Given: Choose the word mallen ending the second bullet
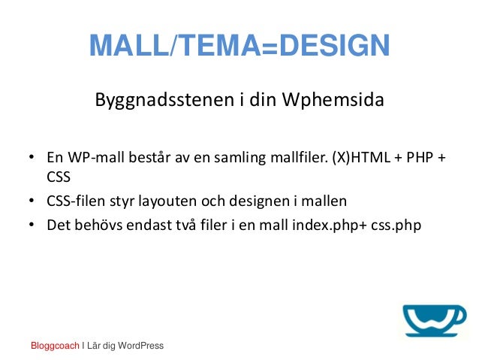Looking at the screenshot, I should pos(327,201).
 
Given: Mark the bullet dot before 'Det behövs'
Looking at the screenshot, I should pos(32,224).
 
